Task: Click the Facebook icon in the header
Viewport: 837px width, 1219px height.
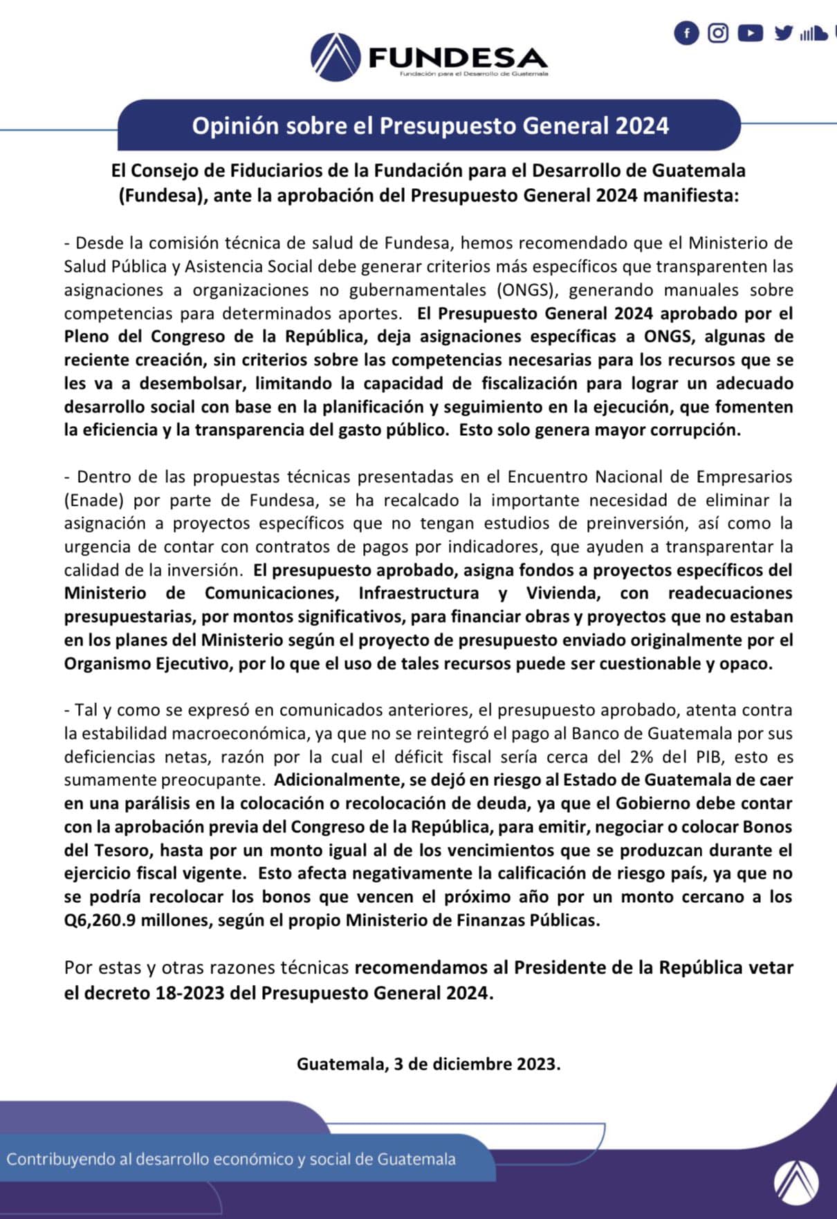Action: (x=686, y=33)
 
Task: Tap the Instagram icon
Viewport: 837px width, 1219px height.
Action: (x=718, y=33)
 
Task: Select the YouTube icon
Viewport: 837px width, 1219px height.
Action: (x=750, y=33)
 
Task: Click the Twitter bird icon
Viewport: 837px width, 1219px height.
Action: (x=783, y=33)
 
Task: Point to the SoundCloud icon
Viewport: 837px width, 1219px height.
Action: (x=813, y=33)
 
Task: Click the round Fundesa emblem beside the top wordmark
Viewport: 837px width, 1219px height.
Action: (x=335, y=57)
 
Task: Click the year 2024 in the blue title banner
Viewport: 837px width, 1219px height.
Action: (x=642, y=126)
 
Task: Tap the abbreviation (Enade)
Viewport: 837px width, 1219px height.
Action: (x=92, y=500)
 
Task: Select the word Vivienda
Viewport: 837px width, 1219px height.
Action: (x=561, y=593)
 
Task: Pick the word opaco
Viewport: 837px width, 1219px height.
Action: (x=746, y=663)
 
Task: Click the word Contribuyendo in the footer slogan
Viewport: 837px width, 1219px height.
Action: (x=61, y=1160)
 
